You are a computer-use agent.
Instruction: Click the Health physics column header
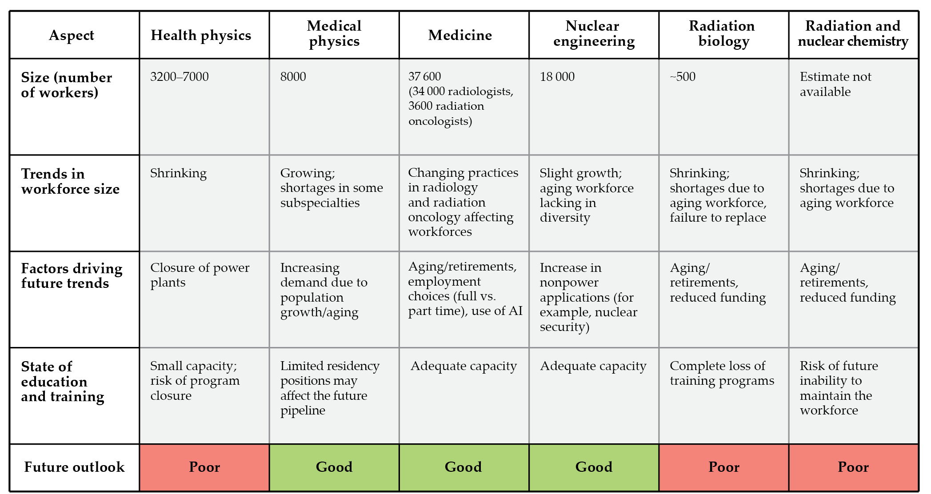coord(201,35)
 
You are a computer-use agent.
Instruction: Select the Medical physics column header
coord(334,33)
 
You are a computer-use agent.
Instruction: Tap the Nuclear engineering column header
coord(594,33)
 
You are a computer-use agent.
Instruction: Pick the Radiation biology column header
coord(723,33)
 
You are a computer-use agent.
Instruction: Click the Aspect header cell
coord(72,35)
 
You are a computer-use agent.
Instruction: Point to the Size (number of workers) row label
coord(66,85)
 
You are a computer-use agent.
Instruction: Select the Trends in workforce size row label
coord(70,181)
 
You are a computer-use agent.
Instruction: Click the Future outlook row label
coord(74,467)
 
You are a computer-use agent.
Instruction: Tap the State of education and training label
coord(62,381)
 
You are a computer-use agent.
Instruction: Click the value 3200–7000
coord(180,77)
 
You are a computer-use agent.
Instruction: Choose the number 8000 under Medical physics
coord(293,77)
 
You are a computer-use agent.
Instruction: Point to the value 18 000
coord(557,77)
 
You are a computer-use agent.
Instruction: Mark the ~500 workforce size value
coord(683,77)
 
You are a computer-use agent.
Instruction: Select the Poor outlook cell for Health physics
coord(204,467)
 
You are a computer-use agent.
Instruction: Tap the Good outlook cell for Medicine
coord(463,467)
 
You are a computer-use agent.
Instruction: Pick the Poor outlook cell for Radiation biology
coord(723,467)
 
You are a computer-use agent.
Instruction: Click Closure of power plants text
coord(200,275)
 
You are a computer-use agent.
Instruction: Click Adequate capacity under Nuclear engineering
coord(593,366)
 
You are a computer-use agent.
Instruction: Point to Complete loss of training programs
coord(722,373)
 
